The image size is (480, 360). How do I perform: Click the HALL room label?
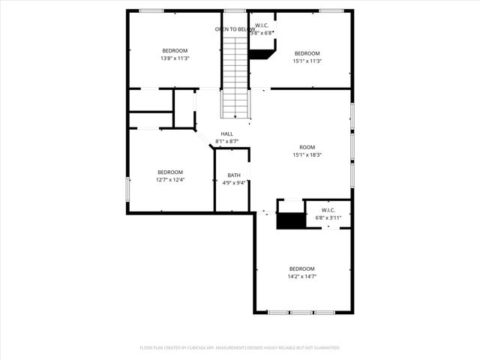tap(226, 133)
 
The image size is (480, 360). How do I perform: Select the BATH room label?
tap(234, 175)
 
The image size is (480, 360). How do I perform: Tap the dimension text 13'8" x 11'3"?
tap(174, 58)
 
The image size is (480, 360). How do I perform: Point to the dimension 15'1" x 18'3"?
tap(307, 154)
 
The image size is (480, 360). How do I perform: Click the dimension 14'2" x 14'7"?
tap(302, 276)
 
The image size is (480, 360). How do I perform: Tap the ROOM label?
tap(307, 147)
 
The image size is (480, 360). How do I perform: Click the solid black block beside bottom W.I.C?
tap(292, 220)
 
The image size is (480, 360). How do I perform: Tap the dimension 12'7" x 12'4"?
tap(170, 180)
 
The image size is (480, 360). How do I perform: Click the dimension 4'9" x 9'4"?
tap(234, 182)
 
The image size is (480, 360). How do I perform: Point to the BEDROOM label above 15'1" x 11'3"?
tap(307, 53)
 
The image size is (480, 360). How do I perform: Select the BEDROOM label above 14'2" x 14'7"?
tap(302, 268)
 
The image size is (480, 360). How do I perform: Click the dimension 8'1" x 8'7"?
tap(226, 141)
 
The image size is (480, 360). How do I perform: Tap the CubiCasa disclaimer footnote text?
tap(240, 347)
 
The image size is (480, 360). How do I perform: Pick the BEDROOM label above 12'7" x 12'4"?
tap(170, 172)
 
